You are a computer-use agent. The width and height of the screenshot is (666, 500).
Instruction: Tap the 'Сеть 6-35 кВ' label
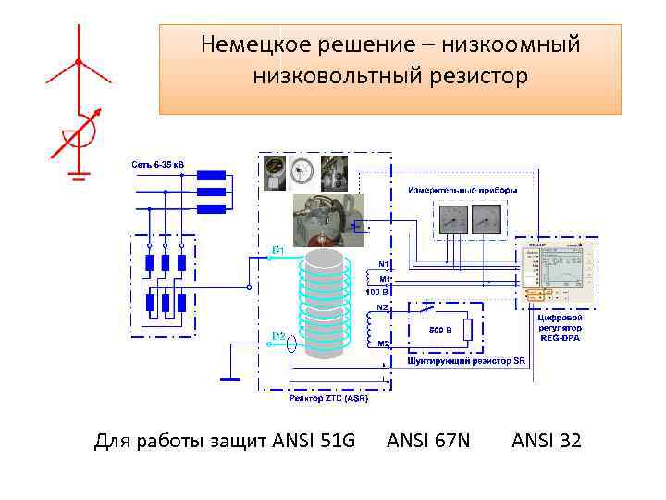157,165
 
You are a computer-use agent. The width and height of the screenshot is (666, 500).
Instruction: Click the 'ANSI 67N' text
428,440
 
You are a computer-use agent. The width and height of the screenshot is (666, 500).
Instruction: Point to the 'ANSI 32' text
547,440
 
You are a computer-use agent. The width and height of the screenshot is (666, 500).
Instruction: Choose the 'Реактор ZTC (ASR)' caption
328,398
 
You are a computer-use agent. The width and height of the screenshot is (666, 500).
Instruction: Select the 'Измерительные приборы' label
462,190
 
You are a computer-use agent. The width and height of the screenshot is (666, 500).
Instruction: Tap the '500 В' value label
439,329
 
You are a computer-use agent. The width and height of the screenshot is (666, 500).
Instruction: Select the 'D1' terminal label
277,250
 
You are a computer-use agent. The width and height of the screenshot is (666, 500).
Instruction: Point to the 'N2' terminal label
382,306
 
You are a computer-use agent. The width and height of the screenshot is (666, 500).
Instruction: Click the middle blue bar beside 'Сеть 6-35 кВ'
212,192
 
